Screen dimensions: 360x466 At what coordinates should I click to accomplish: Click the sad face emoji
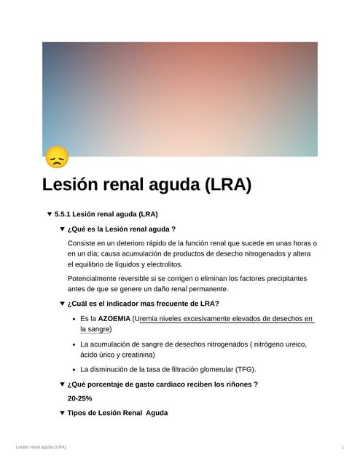(x=56, y=157)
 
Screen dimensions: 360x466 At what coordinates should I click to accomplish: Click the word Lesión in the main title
(x=76, y=185)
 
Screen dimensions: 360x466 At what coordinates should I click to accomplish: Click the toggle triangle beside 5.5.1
(x=49, y=214)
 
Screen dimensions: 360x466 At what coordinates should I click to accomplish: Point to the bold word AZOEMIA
(x=114, y=319)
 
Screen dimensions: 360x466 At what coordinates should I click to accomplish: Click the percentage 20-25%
(x=79, y=398)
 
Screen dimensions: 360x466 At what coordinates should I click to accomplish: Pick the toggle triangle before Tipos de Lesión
(x=62, y=413)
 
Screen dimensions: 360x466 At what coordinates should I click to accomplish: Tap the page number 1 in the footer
(x=343, y=446)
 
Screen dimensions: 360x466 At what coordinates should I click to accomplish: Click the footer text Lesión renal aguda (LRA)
(x=41, y=446)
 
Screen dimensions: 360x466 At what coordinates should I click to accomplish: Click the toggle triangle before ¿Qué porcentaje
(x=62, y=384)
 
